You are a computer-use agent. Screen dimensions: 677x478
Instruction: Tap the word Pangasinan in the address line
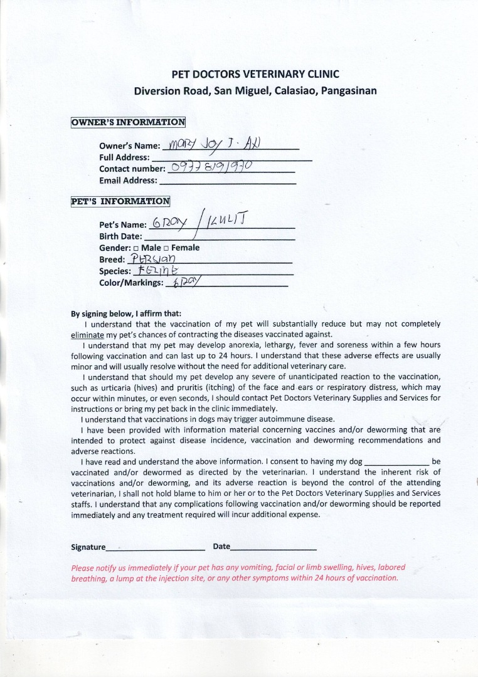(349, 90)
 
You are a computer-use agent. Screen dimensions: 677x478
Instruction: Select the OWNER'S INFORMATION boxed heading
(128, 122)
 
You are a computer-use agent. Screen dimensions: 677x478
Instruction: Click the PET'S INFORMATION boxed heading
(120, 201)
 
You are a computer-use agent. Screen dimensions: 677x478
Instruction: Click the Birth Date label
(120, 237)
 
